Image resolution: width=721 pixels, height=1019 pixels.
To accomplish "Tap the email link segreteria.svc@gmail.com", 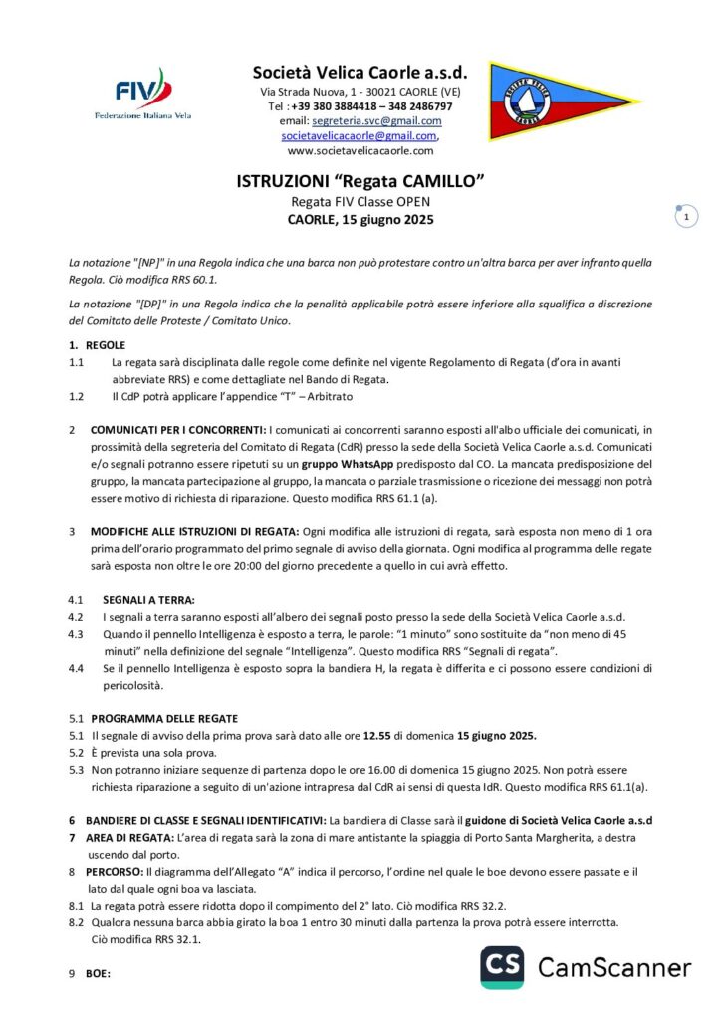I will click(376, 120).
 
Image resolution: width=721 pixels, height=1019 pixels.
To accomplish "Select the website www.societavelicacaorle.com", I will click(360, 150).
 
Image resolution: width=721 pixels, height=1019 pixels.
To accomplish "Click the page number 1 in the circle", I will click(687, 216).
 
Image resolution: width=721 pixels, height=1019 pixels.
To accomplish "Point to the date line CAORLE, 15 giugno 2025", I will click(360, 219).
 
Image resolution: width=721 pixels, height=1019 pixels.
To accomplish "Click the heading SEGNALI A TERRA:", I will click(148, 600).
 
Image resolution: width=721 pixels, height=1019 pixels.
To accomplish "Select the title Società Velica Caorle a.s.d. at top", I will click(360, 72).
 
